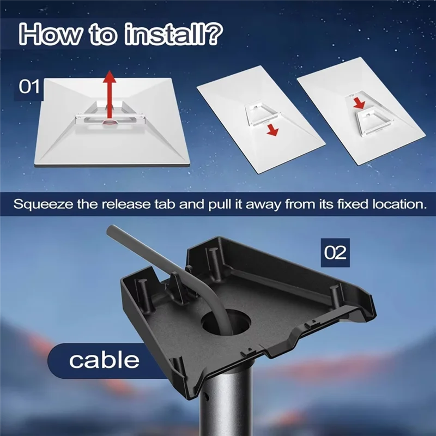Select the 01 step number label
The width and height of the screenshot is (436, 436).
(x=30, y=88)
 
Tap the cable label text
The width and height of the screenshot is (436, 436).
(x=104, y=360)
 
